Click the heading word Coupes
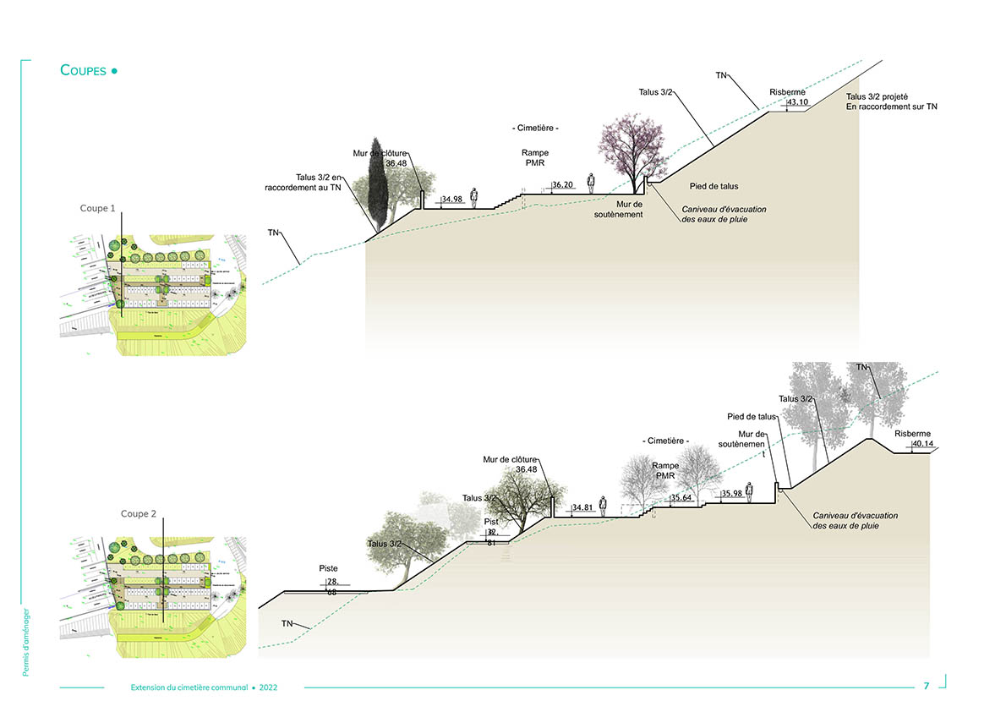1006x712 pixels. [84, 70]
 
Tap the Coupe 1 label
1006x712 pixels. [98, 208]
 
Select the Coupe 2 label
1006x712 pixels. [139, 513]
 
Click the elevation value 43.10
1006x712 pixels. [798, 102]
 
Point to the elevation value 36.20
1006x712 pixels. [563, 184]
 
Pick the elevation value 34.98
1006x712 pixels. [452, 200]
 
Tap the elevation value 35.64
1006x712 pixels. [681, 498]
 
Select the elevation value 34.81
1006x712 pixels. [582, 508]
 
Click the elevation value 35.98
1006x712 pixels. [732, 494]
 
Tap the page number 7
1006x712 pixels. [927, 686]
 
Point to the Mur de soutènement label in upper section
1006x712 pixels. [630, 209]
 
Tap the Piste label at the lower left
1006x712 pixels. [328, 568]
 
